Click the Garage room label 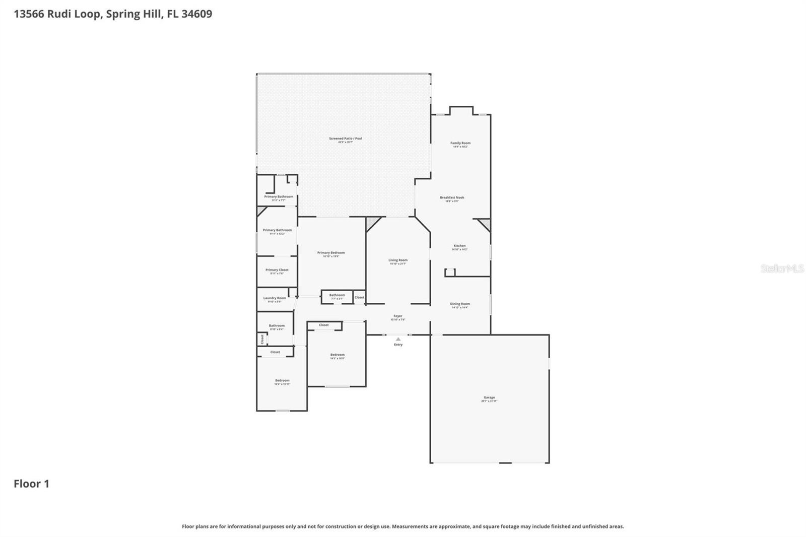[x=489, y=397]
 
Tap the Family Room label [x=460, y=143]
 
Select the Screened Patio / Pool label [x=345, y=139]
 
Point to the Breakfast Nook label [x=452, y=197]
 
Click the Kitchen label [x=459, y=246]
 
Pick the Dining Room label [x=459, y=304]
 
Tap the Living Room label [x=397, y=260]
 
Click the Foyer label [x=397, y=316]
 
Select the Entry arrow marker [x=398, y=340]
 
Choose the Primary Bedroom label [x=331, y=253]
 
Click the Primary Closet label [x=277, y=270]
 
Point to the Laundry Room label [x=274, y=298]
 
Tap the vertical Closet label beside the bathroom [x=262, y=339]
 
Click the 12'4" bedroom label [x=282, y=381]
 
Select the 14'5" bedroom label [x=337, y=355]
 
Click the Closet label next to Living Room [x=359, y=297]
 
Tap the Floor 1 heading [x=31, y=484]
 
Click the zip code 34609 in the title [x=196, y=14]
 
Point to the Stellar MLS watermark [x=782, y=268]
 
